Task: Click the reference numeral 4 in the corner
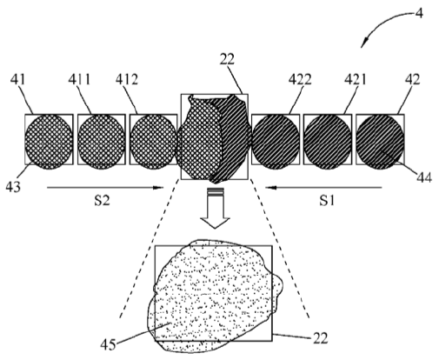(x=419, y=13)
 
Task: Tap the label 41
(x=18, y=79)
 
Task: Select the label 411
(x=79, y=79)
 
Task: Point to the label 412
(x=127, y=79)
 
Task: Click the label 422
(x=300, y=79)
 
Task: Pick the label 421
(x=356, y=79)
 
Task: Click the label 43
(x=13, y=187)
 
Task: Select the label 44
(x=424, y=177)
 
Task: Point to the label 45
(x=108, y=345)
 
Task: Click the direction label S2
(x=102, y=200)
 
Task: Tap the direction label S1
(x=327, y=200)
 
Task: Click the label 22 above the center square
(x=227, y=59)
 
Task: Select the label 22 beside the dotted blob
(x=320, y=338)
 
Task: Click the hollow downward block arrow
(x=215, y=208)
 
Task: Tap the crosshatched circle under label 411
(x=102, y=142)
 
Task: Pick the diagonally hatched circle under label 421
(x=328, y=142)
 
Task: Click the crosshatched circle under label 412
(x=153, y=142)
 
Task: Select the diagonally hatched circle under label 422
(x=276, y=142)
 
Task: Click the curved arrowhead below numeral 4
(x=364, y=43)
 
